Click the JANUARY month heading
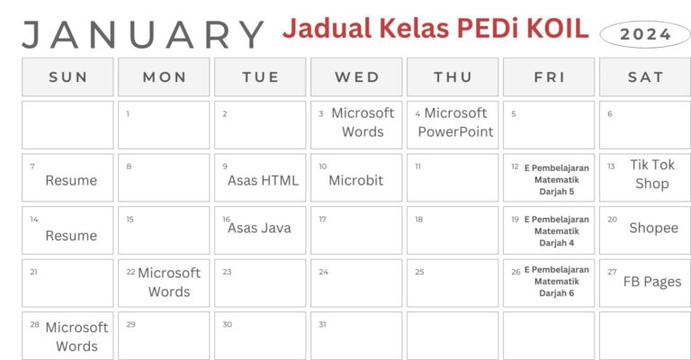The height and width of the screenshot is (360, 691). pos(142,34)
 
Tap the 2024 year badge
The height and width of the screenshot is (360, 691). pos(645,35)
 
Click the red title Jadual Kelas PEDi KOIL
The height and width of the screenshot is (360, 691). pos(435,28)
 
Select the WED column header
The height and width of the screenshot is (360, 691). pos(357,77)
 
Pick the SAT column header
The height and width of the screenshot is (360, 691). pos(645,77)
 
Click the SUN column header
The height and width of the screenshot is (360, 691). pos(68,77)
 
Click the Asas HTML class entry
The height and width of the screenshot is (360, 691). pos(263,180)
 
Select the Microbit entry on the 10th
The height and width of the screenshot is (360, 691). pos(355,180)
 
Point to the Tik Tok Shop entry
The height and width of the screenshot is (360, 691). pos(652,175)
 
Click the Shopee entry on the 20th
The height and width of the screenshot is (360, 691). pos(653,228)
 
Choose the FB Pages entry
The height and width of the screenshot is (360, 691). pos(652,281)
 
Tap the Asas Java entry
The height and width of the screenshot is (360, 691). pos(260,228)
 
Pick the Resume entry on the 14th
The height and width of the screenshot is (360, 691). pos(71,236)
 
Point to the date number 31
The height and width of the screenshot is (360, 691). pos(322,324)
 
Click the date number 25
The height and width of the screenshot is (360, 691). pos(419,272)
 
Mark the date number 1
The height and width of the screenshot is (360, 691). pos(128,114)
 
